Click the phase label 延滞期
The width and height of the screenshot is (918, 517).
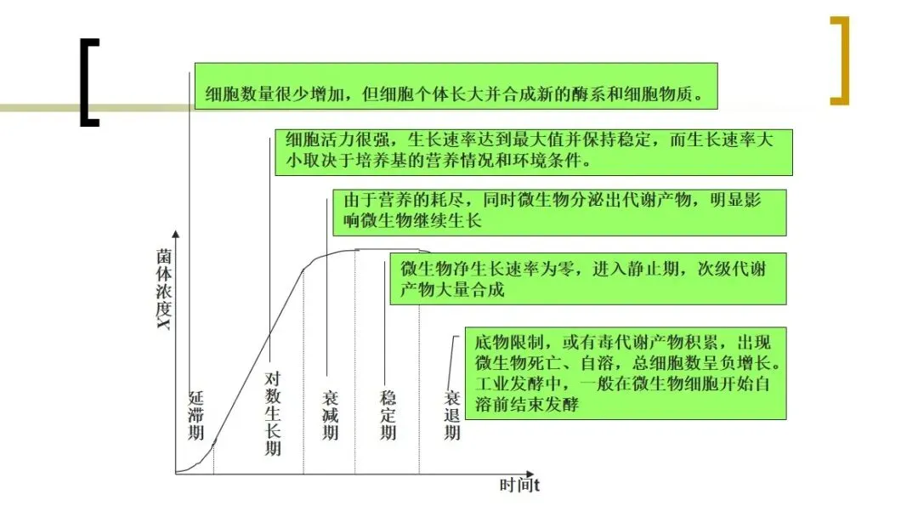pyautogui.click(x=196, y=414)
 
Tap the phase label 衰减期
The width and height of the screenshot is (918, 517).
pyautogui.click(x=331, y=415)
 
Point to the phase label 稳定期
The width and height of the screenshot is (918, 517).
pyautogui.click(x=388, y=415)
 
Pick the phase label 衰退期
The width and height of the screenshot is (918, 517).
pyautogui.click(x=452, y=415)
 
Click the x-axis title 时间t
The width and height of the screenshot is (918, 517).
pyautogui.click(x=520, y=486)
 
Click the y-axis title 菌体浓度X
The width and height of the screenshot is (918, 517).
pyautogui.click(x=164, y=289)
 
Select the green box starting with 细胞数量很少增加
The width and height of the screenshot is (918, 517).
pyautogui.click(x=456, y=86)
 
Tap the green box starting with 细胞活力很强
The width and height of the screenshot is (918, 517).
pyautogui.click(x=533, y=151)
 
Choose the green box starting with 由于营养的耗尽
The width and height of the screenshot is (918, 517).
pyautogui.click(x=559, y=212)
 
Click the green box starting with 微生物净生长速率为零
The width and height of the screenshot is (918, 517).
pyautogui.click(x=587, y=279)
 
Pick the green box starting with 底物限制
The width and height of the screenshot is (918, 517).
pyautogui.click(x=625, y=373)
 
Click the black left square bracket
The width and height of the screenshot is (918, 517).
pyautogui.click(x=88, y=82)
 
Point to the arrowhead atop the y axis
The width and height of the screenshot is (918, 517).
pyautogui.click(x=175, y=233)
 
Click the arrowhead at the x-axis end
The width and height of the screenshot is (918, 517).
pyautogui.click(x=530, y=473)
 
